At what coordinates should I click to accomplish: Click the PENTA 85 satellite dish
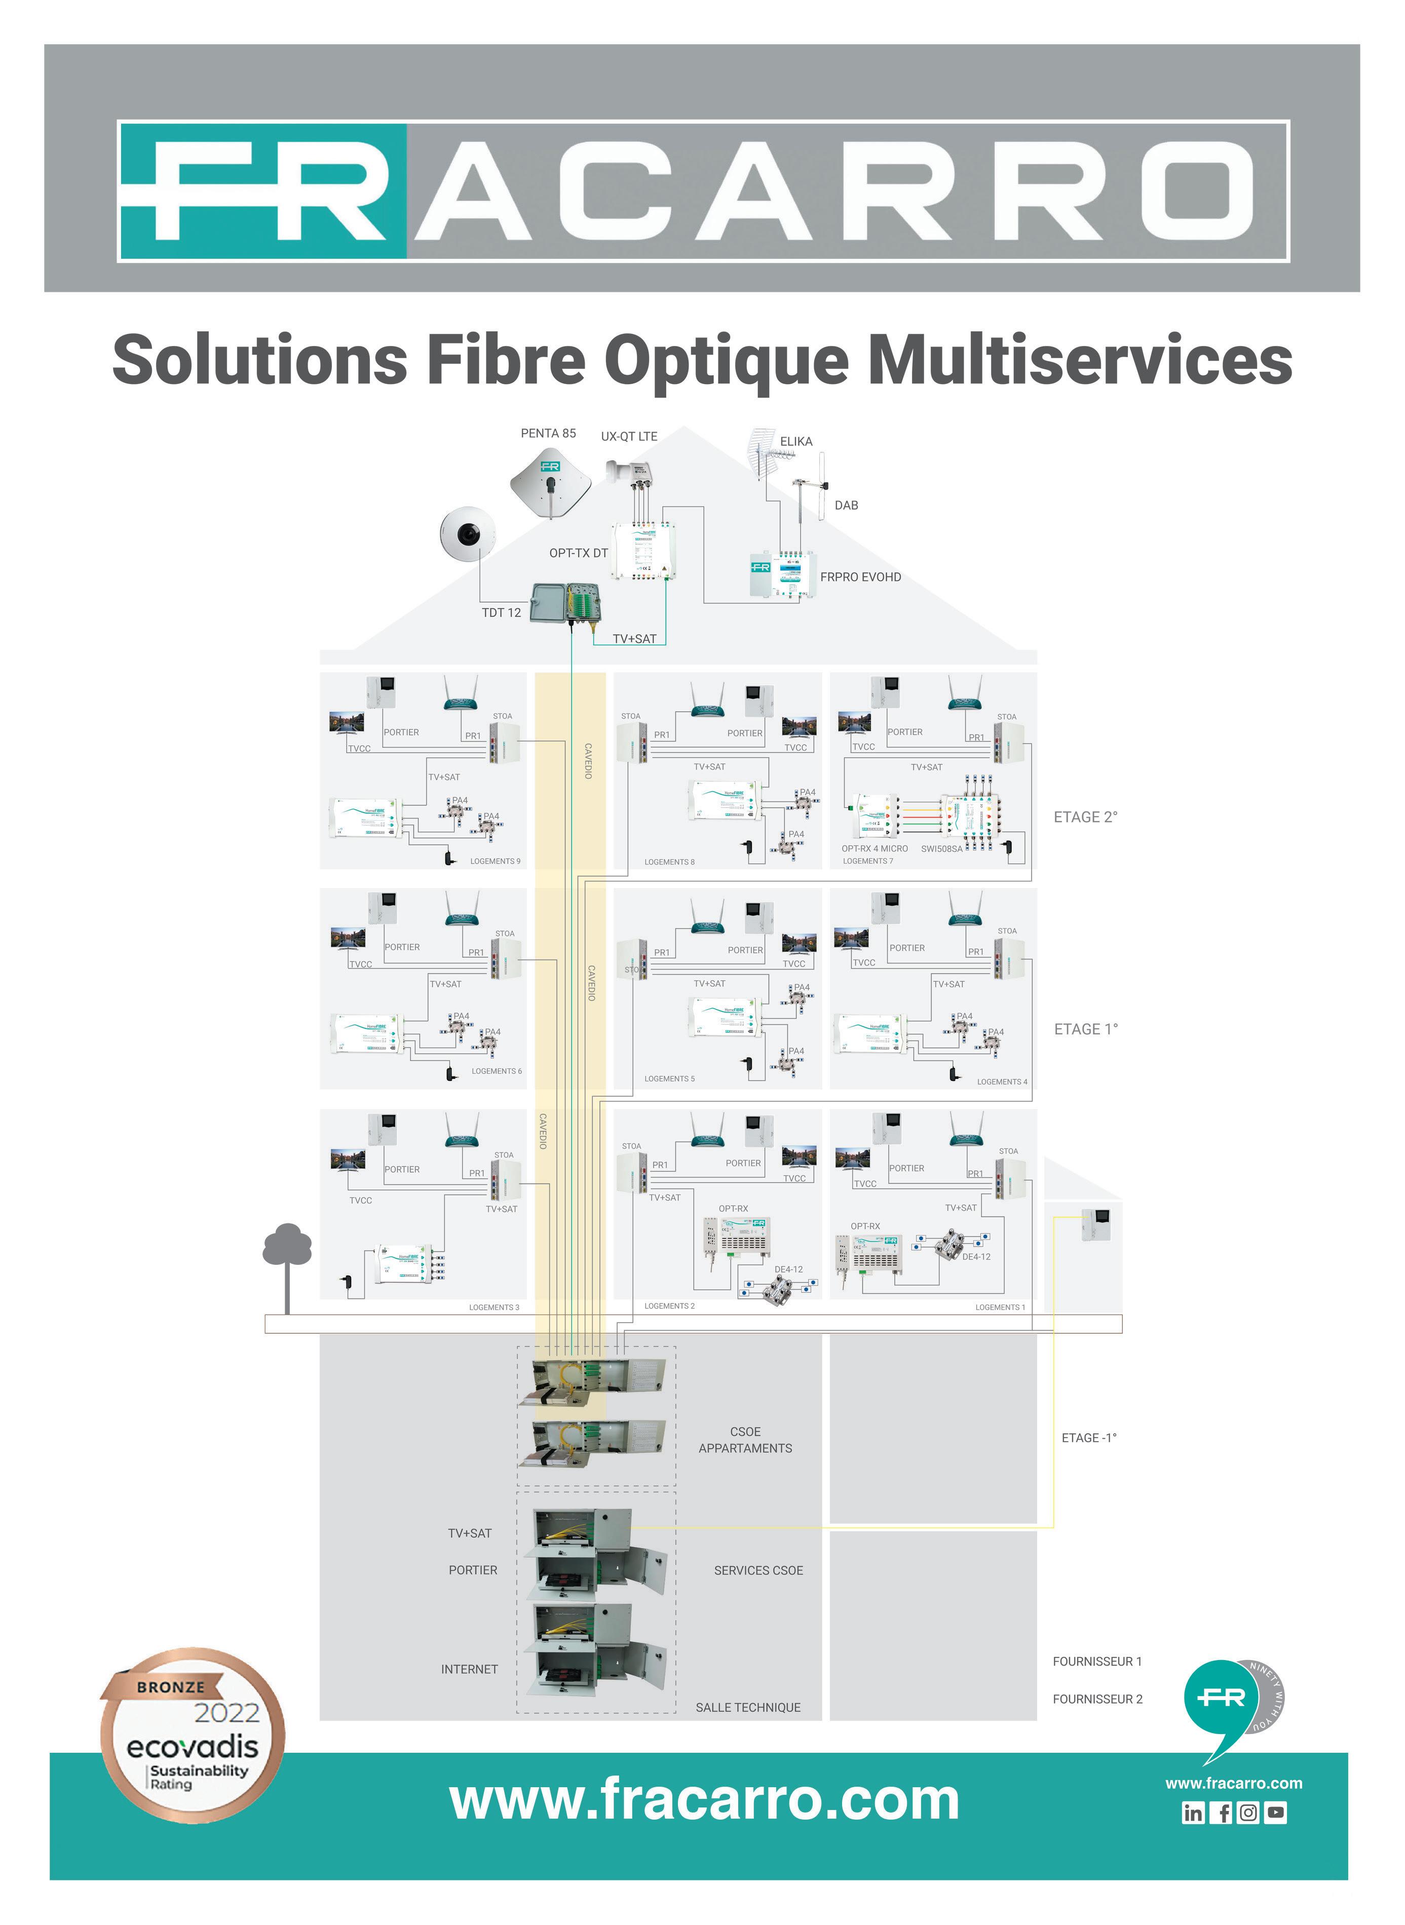550,483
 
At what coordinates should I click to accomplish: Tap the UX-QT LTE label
629,436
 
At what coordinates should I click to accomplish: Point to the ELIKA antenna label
796,441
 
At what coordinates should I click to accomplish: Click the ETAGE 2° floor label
1085,817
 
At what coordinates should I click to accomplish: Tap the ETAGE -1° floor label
1089,1438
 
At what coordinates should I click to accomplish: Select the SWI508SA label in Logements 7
941,849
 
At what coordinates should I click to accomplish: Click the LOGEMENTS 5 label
669,1079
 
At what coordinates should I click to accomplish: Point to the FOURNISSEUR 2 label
1097,1699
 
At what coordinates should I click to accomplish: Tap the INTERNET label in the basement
470,1669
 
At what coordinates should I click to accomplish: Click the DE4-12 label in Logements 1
976,1257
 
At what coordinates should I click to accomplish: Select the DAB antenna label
846,505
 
